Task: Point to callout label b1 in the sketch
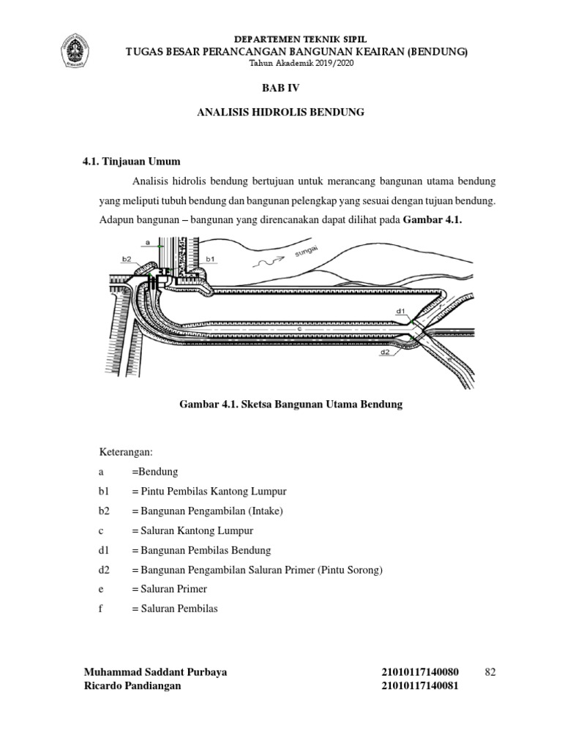coord(211,259)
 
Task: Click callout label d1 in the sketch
coord(401,311)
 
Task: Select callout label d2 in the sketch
coord(386,352)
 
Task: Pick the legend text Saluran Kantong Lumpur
coord(192,530)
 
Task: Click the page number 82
coord(490,672)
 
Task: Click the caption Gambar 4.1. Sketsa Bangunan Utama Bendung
coord(291,404)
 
